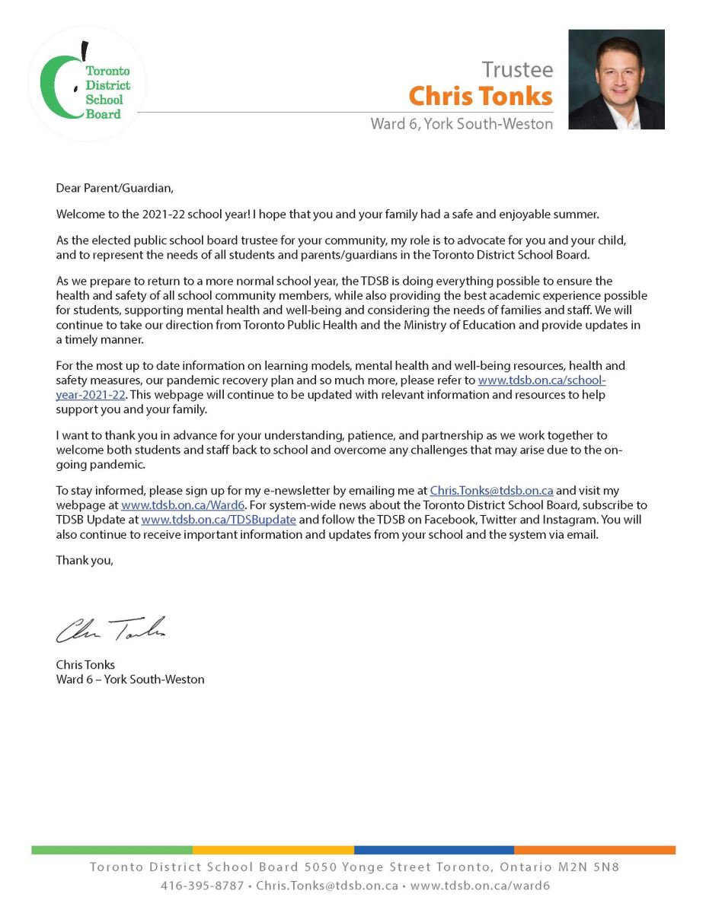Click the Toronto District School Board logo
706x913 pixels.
[x=85, y=83]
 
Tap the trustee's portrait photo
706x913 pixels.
[x=616, y=79]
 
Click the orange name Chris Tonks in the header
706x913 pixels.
[x=480, y=97]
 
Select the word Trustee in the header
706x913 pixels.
[x=517, y=70]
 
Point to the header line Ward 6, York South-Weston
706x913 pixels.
[x=462, y=124]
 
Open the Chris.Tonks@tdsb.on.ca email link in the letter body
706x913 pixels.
[x=491, y=491]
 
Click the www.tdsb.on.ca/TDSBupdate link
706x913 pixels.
[x=219, y=519]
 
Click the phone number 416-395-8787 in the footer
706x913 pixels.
[x=202, y=886]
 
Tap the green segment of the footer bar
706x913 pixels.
[x=112, y=850]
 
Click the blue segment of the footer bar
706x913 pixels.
[x=433, y=850]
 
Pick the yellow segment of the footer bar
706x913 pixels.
[x=273, y=850]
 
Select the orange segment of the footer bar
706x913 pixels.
[x=594, y=850]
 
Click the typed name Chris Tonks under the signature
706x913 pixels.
[x=85, y=665]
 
